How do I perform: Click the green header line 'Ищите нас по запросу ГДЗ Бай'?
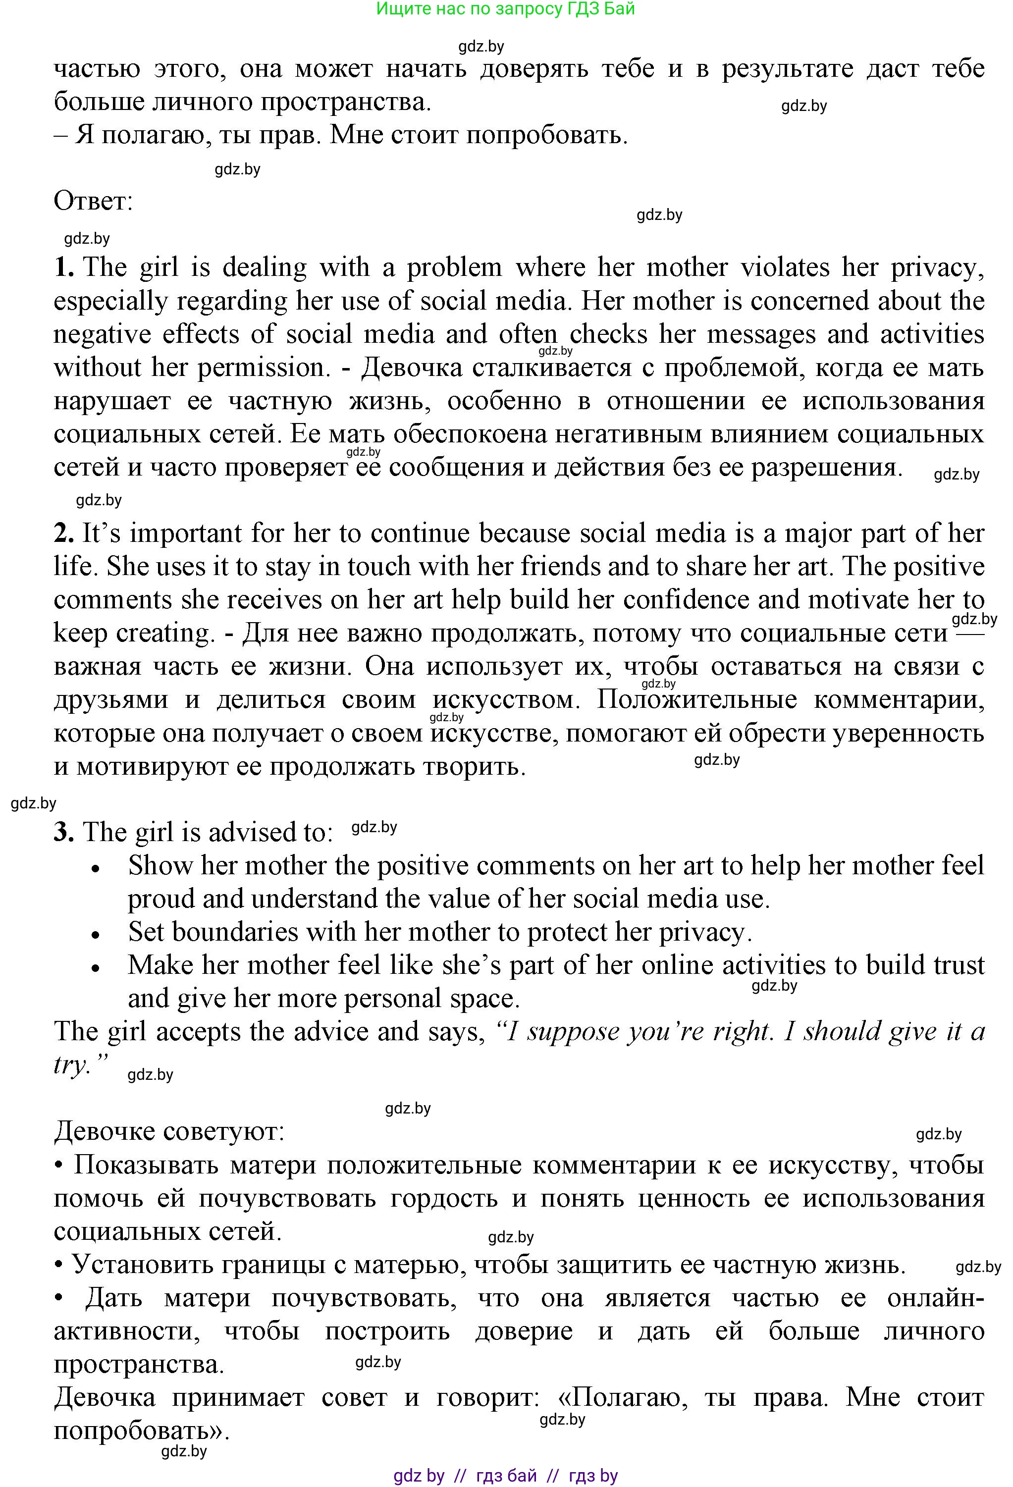(x=506, y=9)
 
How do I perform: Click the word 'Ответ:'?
(x=94, y=201)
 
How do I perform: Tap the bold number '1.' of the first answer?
(x=64, y=267)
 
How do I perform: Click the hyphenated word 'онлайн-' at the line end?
(x=935, y=1298)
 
